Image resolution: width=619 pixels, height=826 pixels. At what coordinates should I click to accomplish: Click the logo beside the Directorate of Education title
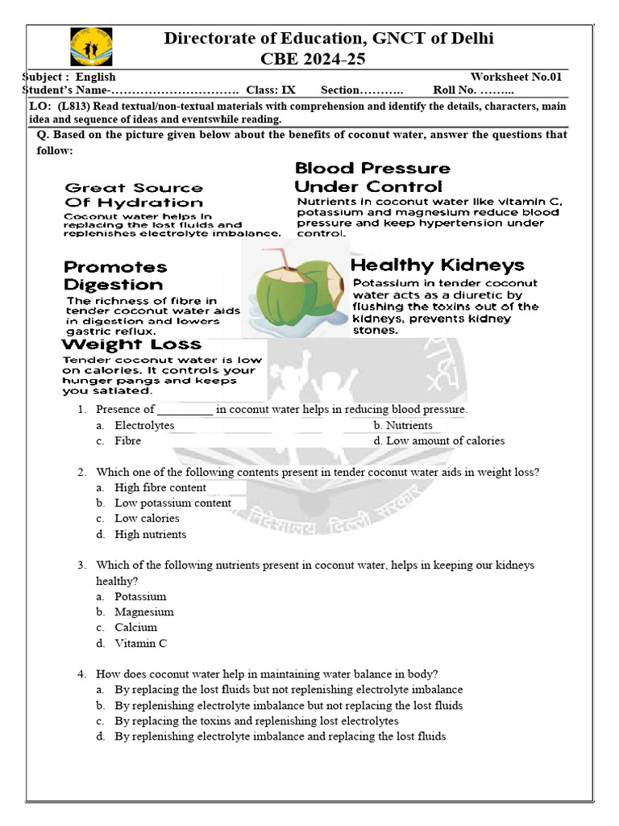[91, 47]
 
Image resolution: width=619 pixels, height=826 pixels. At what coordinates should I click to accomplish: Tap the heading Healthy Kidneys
[438, 265]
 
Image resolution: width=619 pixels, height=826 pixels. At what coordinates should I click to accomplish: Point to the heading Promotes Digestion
[115, 275]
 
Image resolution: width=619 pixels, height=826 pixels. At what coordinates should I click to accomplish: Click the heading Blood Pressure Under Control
[372, 177]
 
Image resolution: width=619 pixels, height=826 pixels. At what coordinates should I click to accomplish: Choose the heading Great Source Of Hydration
[134, 195]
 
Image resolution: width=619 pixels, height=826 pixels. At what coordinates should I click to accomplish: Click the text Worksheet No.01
[521, 77]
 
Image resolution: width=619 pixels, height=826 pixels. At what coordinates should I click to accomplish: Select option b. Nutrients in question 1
[403, 425]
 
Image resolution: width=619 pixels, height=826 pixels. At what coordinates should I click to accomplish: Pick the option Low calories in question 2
[147, 518]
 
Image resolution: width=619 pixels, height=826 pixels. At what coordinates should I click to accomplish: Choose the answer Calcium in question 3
[135, 627]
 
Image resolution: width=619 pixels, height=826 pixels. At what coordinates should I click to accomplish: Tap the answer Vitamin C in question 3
[141, 643]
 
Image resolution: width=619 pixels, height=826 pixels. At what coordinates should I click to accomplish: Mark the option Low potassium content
[172, 503]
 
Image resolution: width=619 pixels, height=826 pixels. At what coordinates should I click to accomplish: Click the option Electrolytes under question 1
[144, 425]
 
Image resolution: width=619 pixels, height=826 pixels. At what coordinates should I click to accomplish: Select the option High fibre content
[160, 487]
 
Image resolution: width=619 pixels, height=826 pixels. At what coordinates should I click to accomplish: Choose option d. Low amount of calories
[439, 440]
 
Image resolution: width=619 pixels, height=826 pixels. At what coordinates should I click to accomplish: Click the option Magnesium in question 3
[143, 611]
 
